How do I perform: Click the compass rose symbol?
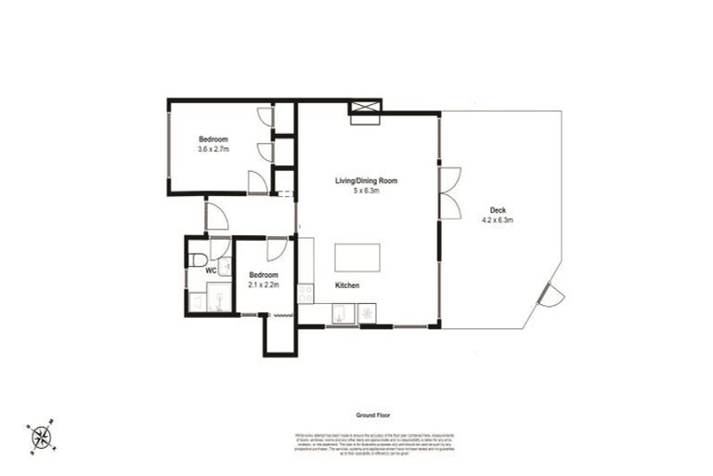(x=40, y=437)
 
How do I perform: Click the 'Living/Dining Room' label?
(x=366, y=181)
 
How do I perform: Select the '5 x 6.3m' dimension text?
(x=366, y=192)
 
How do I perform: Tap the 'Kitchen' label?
(x=347, y=285)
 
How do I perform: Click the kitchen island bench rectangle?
(x=356, y=257)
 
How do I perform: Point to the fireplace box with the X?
(x=363, y=111)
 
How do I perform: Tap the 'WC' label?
(x=211, y=271)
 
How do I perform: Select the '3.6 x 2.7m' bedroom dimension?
(x=213, y=149)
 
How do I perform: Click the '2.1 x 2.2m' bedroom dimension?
(x=264, y=285)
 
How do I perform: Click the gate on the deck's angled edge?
(x=550, y=296)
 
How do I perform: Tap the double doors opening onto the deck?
(x=450, y=193)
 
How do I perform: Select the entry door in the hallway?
(x=216, y=218)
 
